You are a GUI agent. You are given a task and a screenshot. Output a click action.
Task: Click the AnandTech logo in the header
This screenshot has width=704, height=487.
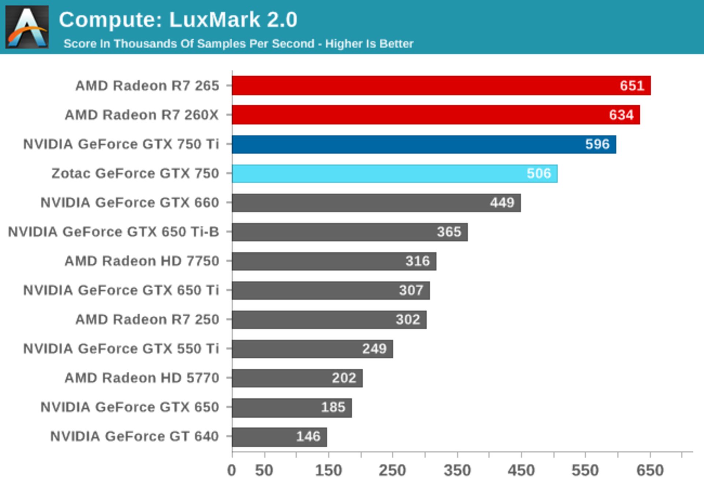pyautogui.click(x=27, y=27)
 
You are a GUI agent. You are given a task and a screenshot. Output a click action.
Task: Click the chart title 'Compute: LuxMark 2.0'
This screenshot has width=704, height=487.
pyautogui.click(x=178, y=19)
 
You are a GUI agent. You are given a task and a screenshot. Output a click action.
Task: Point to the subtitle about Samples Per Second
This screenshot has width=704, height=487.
pyautogui.click(x=238, y=44)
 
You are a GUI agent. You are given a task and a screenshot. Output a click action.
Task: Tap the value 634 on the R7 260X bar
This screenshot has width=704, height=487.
pyautogui.click(x=621, y=115)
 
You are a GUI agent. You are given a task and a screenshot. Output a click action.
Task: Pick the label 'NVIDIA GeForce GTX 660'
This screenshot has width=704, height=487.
pyautogui.click(x=129, y=203)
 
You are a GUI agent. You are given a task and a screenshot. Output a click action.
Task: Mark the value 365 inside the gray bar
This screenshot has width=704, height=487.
pyautogui.click(x=449, y=232)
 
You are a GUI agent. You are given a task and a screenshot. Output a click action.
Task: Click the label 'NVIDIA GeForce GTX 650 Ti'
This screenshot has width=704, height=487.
pyautogui.click(x=121, y=290)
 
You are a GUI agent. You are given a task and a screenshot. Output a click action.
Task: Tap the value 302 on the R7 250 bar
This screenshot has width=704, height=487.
pyautogui.click(x=408, y=320)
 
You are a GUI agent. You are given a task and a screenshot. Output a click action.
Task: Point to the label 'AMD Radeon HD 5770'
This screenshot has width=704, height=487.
pyautogui.click(x=142, y=378)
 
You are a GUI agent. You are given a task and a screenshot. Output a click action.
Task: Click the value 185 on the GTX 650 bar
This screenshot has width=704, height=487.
pyautogui.click(x=333, y=407)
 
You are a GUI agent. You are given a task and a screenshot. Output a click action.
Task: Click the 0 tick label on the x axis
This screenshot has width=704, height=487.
pyautogui.click(x=232, y=471)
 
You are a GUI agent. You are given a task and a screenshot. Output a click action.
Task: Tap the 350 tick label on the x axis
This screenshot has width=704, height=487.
pyautogui.click(x=457, y=471)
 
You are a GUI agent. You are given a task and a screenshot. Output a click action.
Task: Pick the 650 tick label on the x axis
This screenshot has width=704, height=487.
pyautogui.click(x=650, y=471)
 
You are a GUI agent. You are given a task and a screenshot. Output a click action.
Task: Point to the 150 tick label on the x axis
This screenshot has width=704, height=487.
pyautogui.click(x=329, y=471)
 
